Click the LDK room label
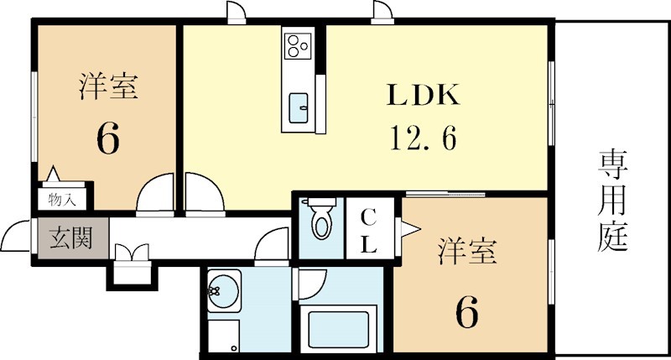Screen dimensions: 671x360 tap(423, 95)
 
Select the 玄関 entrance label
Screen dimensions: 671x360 tap(71, 238)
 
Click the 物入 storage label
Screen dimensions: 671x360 tap(62, 200)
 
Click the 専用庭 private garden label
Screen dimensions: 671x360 tap(612, 201)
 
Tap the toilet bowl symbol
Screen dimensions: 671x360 tap(322, 219)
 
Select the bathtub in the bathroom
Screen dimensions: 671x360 tap(339, 329)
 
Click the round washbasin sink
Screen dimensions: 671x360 tap(223, 290)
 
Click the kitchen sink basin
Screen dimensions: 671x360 tap(299, 108)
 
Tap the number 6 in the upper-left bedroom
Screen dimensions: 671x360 tap(108, 138)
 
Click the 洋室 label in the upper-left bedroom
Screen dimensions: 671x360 tap(108, 86)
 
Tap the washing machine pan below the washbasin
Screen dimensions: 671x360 tap(223, 337)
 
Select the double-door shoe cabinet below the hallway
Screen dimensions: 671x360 tap(132, 263)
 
